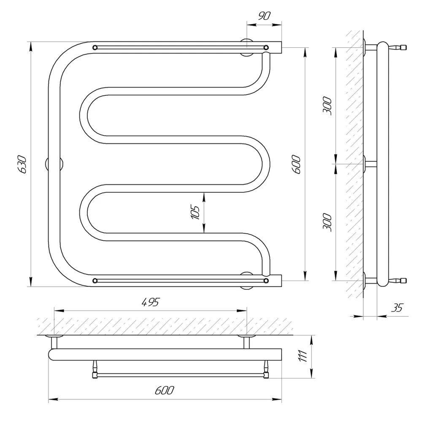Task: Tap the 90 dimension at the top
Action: (x=264, y=16)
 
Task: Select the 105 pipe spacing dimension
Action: (x=195, y=212)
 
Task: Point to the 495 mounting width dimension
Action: (x=151, y=302)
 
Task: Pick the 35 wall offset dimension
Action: (x=397, y=307)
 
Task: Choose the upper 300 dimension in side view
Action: (x=327, y=106)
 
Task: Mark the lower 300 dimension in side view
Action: (x=327, y=222)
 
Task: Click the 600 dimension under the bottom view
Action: (x=165, y=390)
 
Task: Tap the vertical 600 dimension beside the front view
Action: (x=296, y=164)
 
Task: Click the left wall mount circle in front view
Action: (x=54, y=164)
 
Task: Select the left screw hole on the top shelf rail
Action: (x=95, y=48)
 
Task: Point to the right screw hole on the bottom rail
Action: (x=266, y=281)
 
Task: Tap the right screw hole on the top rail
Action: (x=266, y=48)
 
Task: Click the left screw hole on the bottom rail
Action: (x=95, y=281)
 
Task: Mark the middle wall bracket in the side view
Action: (x=370, y=164)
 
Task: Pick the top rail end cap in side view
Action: (x=403, y=48)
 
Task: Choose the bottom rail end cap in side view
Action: (x=403, y=281)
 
